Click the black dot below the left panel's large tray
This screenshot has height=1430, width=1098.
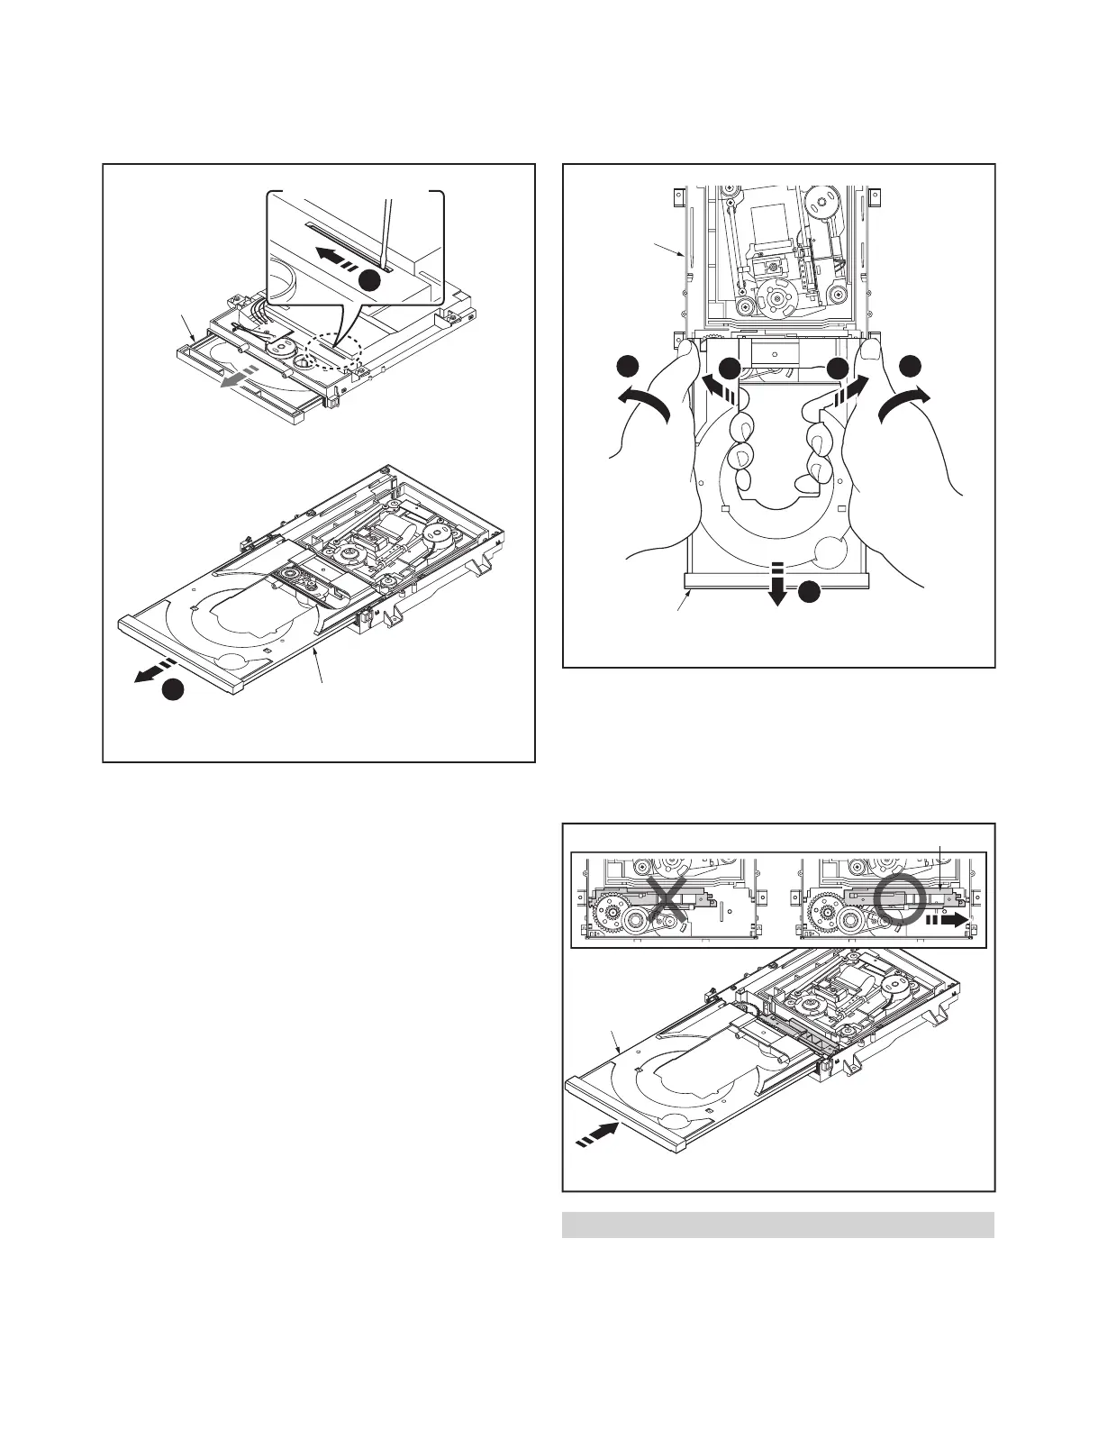tap(173, 690)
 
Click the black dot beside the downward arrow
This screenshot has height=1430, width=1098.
tap(809, 592)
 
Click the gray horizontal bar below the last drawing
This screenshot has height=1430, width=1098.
tap(778, 1225)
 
